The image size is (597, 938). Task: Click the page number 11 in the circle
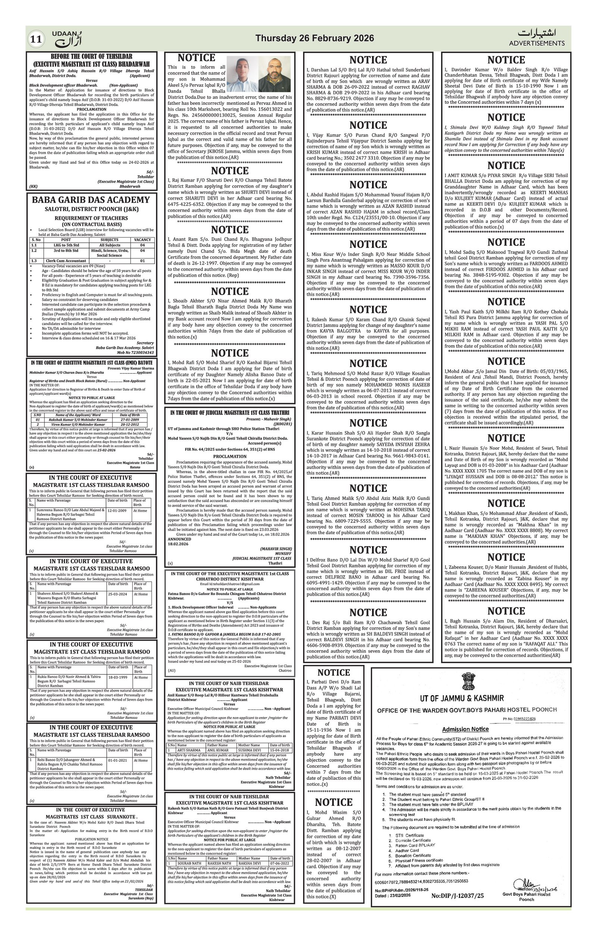(x=36, y=39)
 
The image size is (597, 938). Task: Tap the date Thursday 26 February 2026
(x=314, y=38)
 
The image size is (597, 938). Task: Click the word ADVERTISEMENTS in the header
(x=536, y=43)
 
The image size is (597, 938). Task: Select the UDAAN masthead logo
(x=67, y=38)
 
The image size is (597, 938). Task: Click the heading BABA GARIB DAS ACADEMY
(x=91, y=200)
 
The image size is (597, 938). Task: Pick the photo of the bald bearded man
(x=275, y=74)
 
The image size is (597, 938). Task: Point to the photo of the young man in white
(x=241, y=74)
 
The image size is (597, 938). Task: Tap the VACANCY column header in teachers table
(x=142, y=240)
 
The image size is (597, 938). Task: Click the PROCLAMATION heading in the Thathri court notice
(x=230, y=456)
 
